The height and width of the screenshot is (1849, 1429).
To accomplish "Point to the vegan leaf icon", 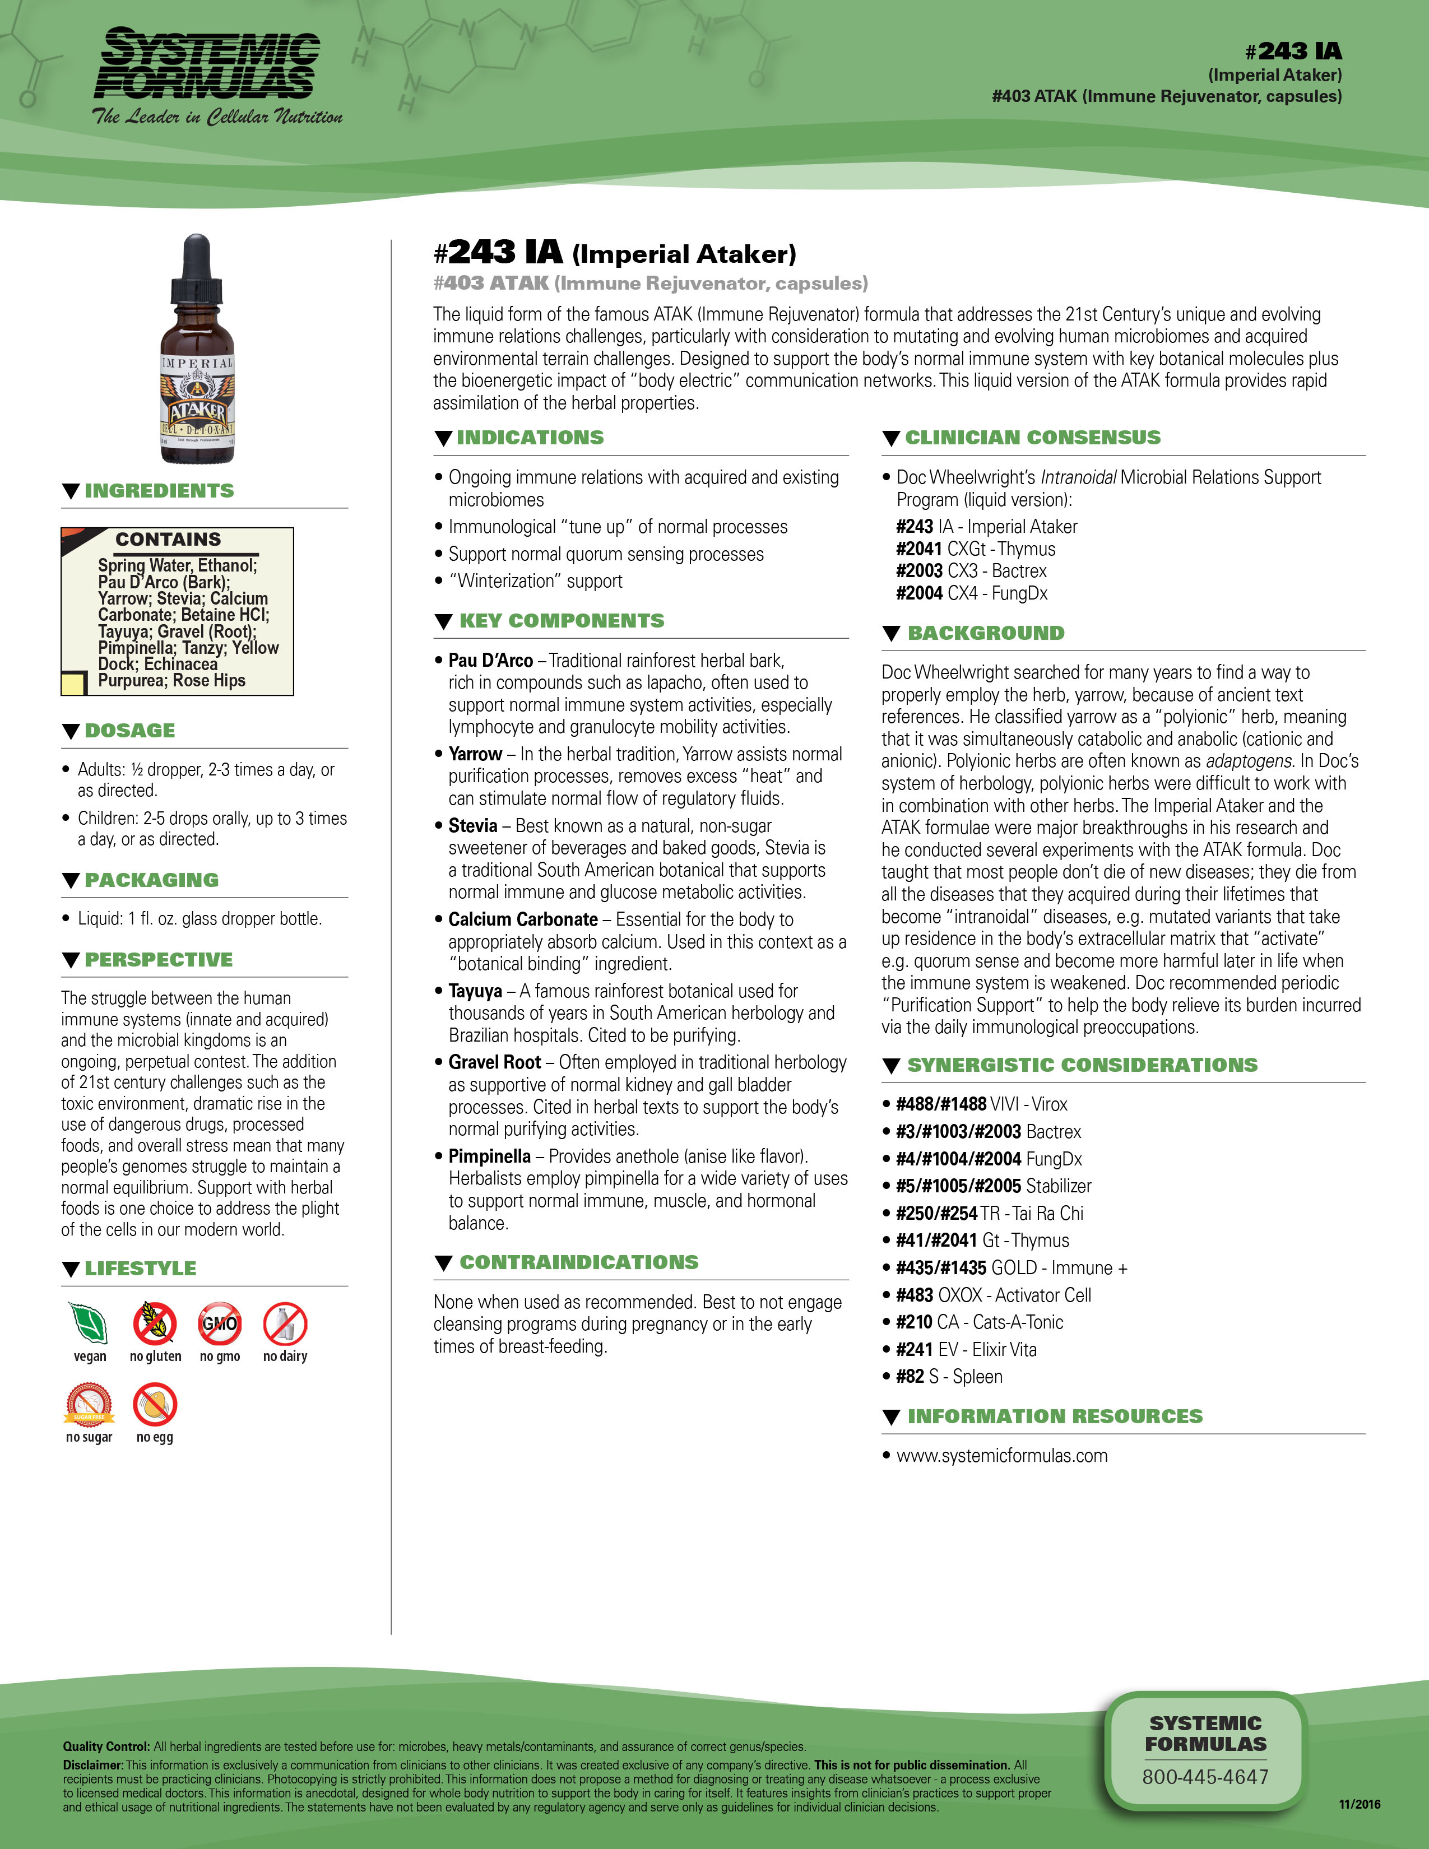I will pos(88,1323).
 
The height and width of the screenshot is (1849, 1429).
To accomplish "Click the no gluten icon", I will pos(155,1323).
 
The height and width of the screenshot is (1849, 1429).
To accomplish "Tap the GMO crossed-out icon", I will pos(219,1323).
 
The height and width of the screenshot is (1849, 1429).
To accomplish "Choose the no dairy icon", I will pos(285,1323).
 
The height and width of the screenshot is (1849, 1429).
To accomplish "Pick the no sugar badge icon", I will pos(89,1405).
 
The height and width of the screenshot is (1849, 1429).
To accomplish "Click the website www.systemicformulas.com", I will pos(1001,1455).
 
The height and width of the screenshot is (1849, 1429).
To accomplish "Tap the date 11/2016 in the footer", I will pos(1360,1804).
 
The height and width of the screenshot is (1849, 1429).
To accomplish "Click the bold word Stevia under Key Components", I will pos(473,825).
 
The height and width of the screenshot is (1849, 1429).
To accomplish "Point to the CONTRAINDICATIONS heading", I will pos(579,1262).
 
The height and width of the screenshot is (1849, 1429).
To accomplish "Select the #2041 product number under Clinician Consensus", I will pos(920,549).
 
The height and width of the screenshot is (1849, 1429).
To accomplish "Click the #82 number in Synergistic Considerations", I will pos(910,1377).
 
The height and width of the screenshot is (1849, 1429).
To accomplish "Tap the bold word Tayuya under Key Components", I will pos(475,991).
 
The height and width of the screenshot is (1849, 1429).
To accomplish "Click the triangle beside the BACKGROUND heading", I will pos(890,633).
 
